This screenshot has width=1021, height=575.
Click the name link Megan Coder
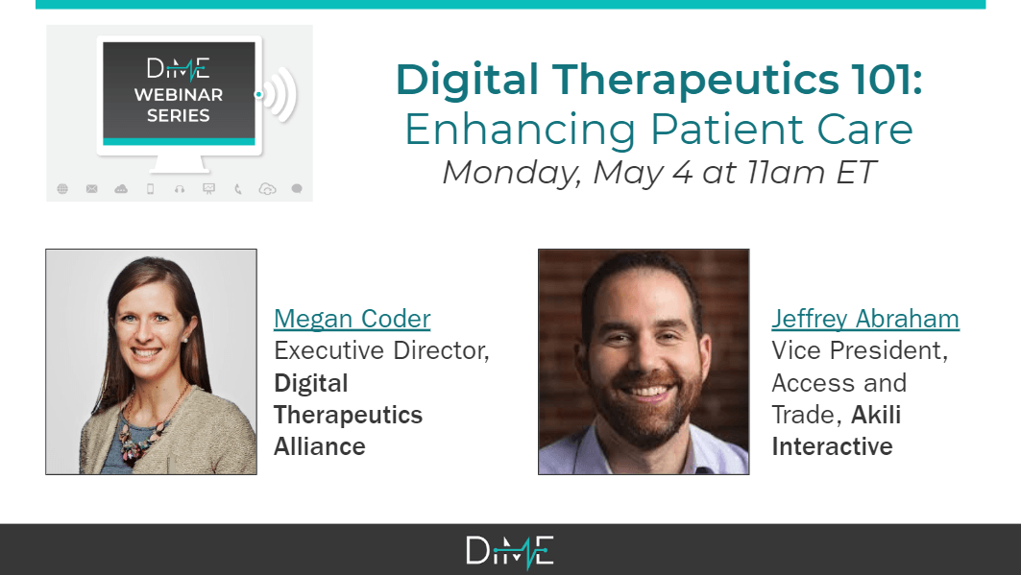click(352, 319)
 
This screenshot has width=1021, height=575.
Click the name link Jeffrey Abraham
click(865, 319)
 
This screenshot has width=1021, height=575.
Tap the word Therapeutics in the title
click(696, 80)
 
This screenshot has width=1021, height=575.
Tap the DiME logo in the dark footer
click(510, 552)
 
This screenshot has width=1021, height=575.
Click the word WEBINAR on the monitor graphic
click(179, 95)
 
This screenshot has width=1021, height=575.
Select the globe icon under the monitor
click(62, 189)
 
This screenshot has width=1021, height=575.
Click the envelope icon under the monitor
click(92, 189)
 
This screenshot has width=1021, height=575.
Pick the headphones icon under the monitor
click(180, 189)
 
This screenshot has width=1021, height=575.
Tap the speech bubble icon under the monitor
click(297, 189)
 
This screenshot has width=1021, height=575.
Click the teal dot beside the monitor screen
click(258, 94)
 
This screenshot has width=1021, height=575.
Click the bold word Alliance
click(320, 447)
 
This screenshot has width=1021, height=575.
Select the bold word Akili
click(876, 415)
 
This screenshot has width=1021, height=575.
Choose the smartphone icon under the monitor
click(151, 189)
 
